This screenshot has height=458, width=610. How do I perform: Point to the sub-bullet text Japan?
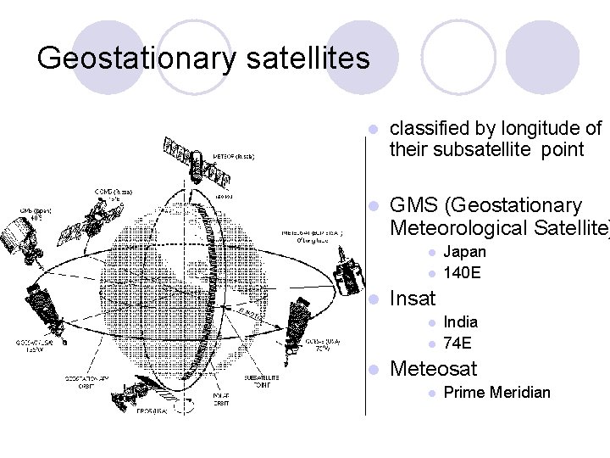pos(464,252)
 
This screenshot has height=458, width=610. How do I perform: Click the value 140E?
pos(463,273)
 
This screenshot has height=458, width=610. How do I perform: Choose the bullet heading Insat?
pos(411,299)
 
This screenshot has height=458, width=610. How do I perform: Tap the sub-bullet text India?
pos(460,322)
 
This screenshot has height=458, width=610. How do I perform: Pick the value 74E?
pos(457,343)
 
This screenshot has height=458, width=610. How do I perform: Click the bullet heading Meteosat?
pos(432,369)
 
